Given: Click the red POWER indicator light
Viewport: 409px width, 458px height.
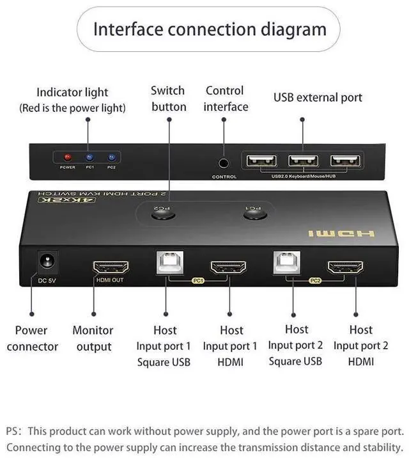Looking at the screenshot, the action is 67,157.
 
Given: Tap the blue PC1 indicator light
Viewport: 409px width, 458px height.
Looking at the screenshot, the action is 89,157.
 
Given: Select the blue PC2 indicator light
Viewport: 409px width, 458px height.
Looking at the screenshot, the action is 111,157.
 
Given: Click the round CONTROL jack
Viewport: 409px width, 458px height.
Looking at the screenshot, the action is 224,164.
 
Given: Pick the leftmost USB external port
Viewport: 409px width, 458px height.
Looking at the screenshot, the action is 261,161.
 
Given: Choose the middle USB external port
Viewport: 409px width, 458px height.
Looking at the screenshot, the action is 303,161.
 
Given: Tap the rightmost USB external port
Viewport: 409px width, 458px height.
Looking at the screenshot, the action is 345,161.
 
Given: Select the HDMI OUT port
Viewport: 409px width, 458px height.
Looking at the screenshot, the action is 111,267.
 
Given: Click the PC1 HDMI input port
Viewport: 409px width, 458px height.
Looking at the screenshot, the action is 228,267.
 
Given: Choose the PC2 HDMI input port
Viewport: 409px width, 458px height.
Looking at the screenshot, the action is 345,267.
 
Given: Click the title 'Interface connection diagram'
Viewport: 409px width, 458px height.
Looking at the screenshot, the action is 208,29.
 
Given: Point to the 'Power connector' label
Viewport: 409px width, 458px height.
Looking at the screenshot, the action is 32,338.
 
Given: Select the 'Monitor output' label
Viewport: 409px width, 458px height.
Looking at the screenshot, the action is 93,338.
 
